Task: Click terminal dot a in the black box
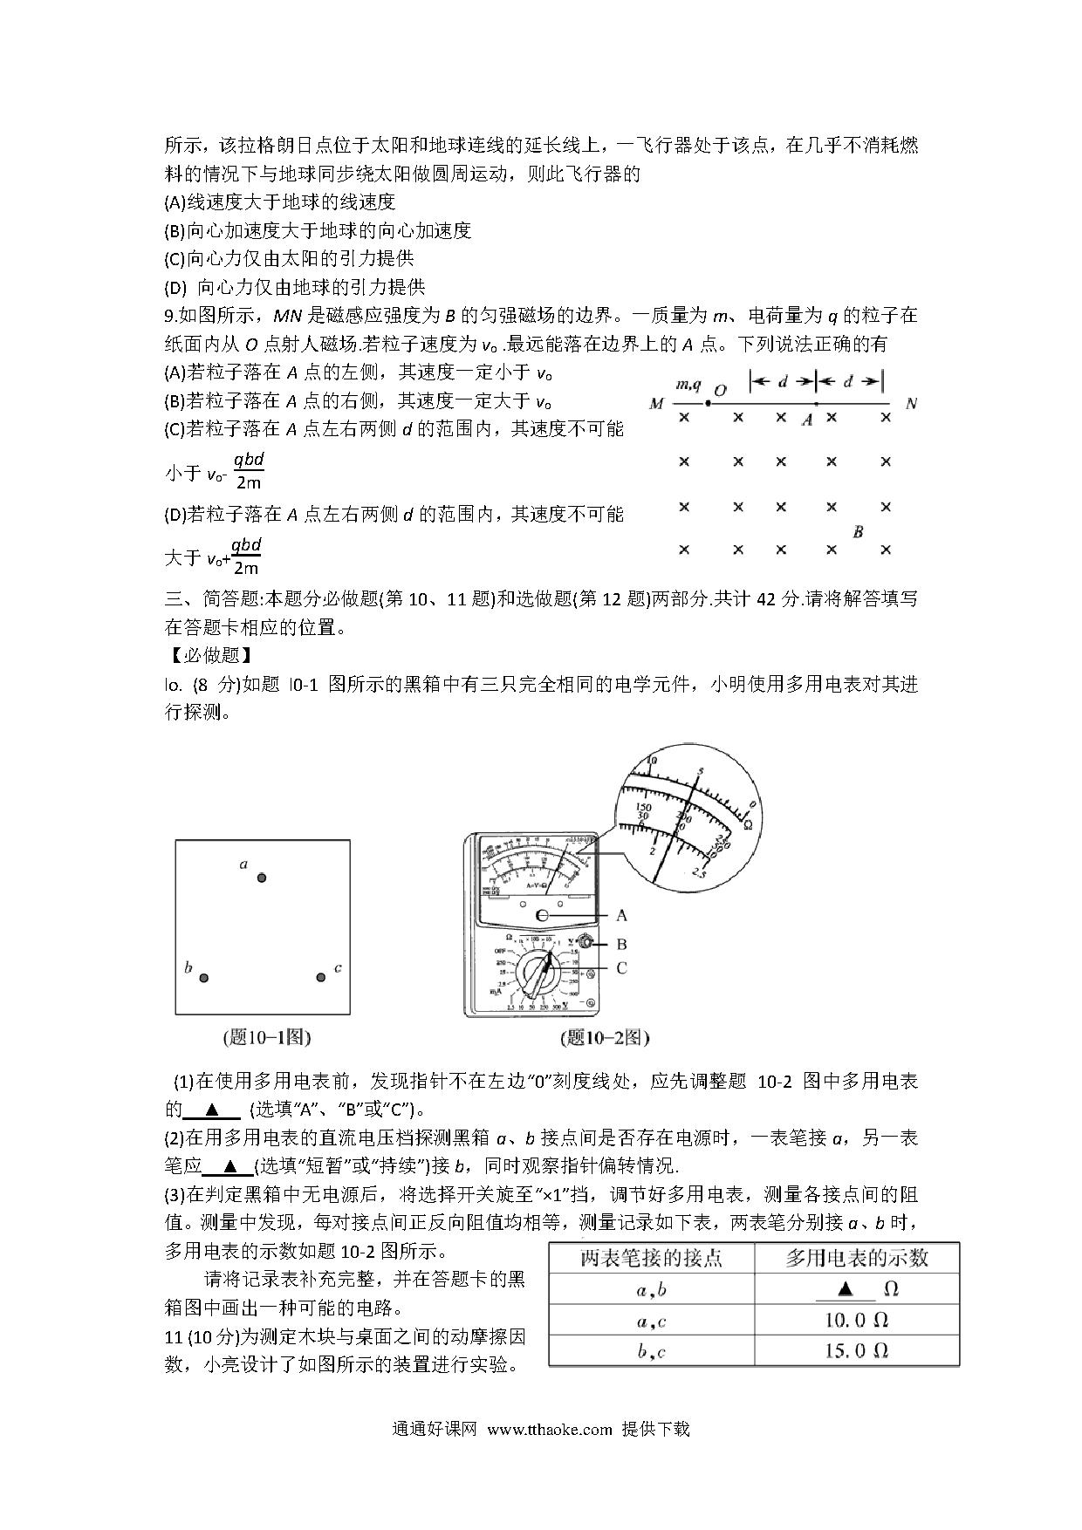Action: (x=261, y=878)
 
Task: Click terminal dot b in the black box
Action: (x=204, y=978)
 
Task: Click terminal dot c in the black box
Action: (x=320, y=978)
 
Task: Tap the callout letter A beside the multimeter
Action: (x=621, y=915)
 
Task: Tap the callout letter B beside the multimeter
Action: (x=621, y=944)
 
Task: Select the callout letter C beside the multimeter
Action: (x=621, y=967)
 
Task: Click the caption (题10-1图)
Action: (x=267, y=1037)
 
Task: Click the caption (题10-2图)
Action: (x=606, y=1037)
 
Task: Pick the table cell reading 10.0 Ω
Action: (x=856, y=1321)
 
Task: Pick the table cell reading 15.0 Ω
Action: (x=856, y=1351)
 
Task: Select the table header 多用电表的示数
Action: (x=856, y=1258)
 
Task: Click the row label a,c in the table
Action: (x=651, y=1321)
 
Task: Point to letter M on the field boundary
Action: (x=656, y=404)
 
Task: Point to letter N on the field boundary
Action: (x=912, y=404)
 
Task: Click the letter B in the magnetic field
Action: (x=858, y=531)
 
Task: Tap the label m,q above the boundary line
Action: (x=688, y=385)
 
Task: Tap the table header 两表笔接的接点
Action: (x=651, y=1258)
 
